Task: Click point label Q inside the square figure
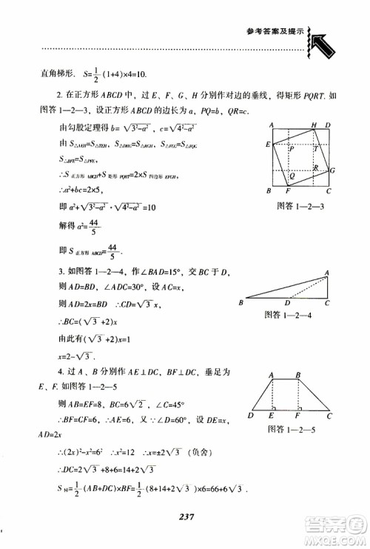point(293,176)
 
